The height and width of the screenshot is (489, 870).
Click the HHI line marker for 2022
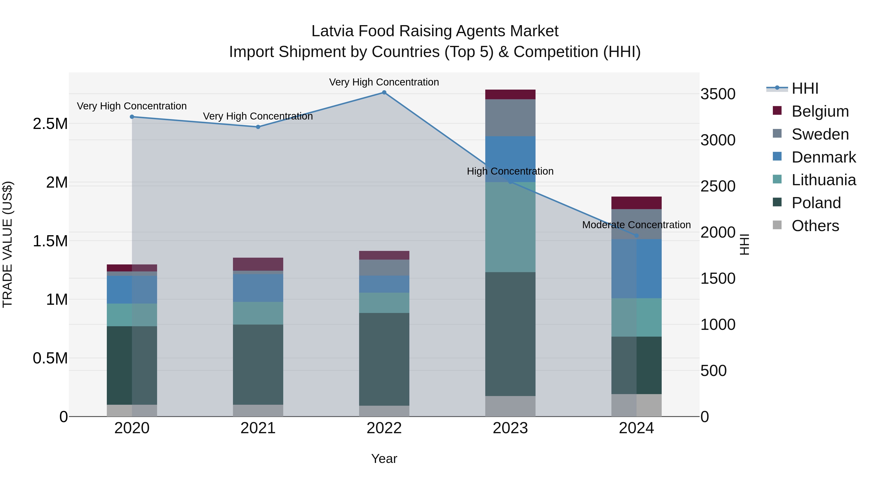point(384,92)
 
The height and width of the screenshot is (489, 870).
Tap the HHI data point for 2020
point(132,117)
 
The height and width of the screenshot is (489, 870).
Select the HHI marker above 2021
point(258,127)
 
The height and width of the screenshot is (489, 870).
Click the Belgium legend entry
point(820,111)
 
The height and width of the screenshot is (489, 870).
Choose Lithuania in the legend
point(823,180)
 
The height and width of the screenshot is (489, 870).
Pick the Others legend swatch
point(777,225)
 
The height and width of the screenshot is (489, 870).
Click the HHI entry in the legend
point(805,88)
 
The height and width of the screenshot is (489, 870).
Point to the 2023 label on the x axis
point(510,428)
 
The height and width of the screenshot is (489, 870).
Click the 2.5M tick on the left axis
point(50,124)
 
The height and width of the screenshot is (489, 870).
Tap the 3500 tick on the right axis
point(718,94)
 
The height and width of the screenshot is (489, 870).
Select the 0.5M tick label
point(50,358)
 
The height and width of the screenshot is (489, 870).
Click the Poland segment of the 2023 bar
point(510,334)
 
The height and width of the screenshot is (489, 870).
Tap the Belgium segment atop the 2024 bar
point(636,203)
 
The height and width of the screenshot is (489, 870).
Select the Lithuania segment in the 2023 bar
point(510,227)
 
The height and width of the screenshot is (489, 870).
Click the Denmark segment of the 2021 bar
point(258,288)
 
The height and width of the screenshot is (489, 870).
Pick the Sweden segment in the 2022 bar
point(384,268)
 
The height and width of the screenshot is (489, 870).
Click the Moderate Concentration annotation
point(636,225)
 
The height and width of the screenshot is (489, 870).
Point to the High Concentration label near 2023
point(510,171)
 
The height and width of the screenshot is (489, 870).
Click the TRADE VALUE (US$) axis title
point(7,244)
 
